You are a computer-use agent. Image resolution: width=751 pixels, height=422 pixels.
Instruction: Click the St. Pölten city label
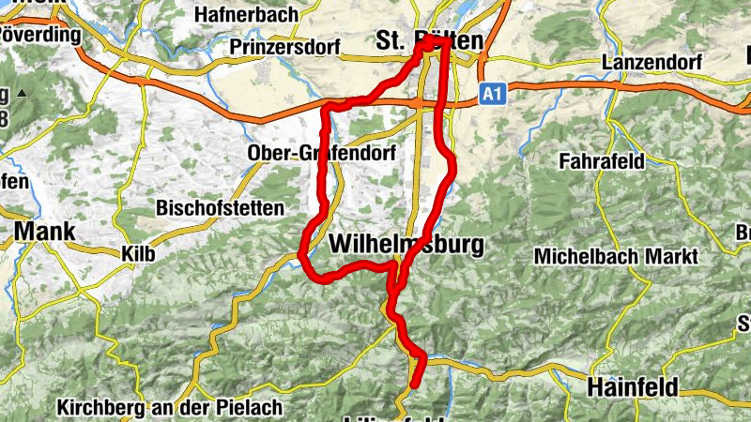pos(429,40)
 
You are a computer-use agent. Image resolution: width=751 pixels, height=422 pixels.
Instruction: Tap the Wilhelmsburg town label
pos(406,246)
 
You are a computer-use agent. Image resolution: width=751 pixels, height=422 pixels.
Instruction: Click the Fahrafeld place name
pos(601,161)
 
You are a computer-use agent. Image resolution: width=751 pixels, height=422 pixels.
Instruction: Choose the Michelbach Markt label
pos(615,256)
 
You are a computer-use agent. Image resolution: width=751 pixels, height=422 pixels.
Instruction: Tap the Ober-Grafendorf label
pos(321,153)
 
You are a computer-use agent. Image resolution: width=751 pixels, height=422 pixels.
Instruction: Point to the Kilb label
pos(138,254)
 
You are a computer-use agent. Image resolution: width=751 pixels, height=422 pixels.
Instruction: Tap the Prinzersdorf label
pos(277,46)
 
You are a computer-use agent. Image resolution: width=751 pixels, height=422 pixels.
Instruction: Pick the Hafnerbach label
pos(246,15)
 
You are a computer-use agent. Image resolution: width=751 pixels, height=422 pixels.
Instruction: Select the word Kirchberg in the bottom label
pos(97,408)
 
